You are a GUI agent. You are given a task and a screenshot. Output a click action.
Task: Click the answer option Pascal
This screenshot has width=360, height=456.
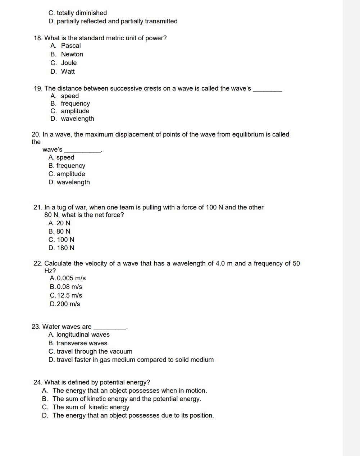(x=71, y=46)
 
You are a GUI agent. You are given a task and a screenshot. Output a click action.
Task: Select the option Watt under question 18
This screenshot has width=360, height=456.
(x=68, y=72)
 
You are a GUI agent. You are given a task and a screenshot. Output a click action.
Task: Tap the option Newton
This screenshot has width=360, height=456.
(x=72, y=54)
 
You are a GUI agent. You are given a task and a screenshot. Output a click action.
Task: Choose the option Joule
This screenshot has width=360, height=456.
(x=69, y=63)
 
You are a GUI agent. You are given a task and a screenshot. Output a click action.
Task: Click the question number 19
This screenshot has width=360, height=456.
(x=38, y=88)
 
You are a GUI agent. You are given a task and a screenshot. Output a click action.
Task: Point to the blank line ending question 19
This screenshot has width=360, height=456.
(x=268, y=91)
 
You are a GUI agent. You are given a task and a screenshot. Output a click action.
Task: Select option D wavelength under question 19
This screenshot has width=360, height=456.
(x=77, y=119)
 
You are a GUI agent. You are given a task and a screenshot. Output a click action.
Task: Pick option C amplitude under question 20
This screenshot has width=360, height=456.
(x=70, y=174)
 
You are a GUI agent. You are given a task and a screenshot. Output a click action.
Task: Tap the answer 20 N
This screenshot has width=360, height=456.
(x=63, y=223)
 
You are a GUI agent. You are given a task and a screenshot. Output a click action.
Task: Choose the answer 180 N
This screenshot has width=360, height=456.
(x=65, y=248)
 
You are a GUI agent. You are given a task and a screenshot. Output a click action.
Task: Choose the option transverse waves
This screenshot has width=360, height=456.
(x=81, y=343)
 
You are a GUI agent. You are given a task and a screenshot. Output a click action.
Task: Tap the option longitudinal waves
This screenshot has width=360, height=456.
(x=83, y=335)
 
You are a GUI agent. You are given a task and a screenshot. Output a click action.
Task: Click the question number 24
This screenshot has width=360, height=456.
(x=38, y=382)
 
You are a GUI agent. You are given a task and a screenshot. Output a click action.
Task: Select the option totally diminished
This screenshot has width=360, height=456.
(x=81, y=13)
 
